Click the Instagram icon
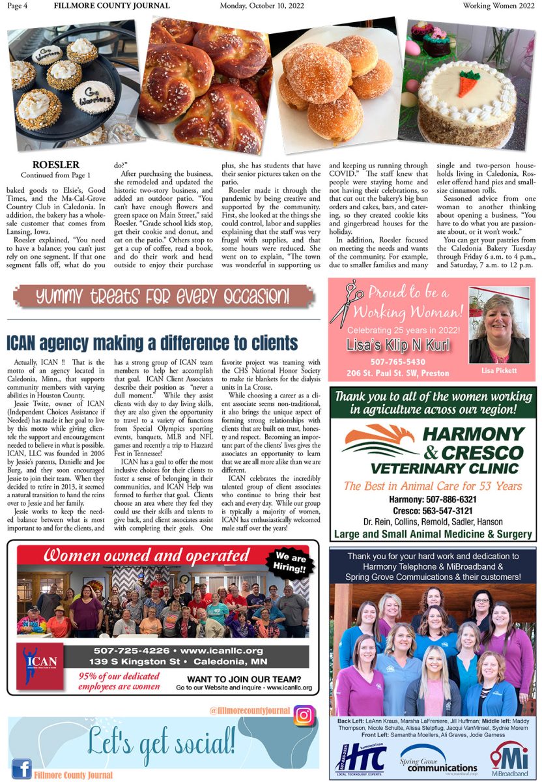tap(304, 716)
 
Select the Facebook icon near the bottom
tap(21, 769)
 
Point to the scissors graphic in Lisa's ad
tap(346, 304)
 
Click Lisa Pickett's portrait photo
tap(499, 328)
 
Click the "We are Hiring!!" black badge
tap(291, 562)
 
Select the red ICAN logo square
tap(40, 665)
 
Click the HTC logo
tap(356, 758)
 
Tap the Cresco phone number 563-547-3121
tap(433, 511)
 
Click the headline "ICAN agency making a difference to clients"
tap(152, 343)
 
